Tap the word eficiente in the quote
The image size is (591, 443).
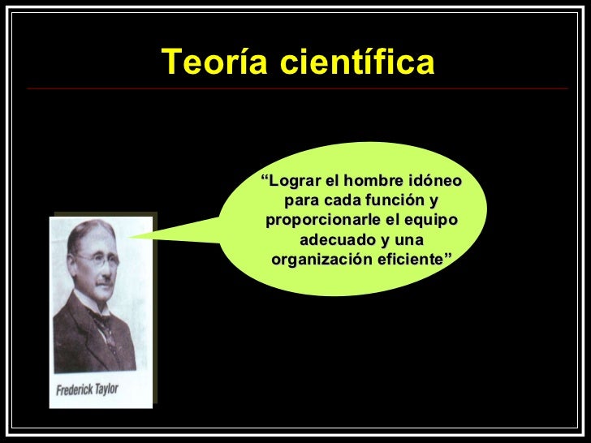[418, 260]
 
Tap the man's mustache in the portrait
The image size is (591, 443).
[101, 281]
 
